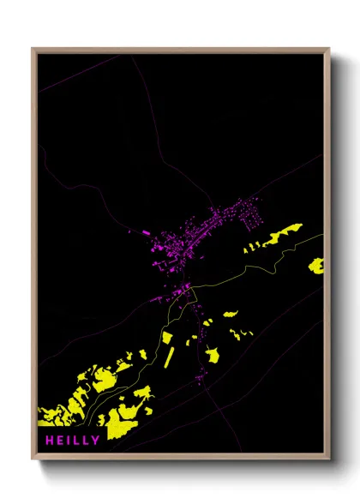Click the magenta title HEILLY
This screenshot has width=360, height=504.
click(69, 441)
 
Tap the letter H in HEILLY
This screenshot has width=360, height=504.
click(42, 441)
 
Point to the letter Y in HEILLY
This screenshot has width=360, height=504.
click(95, 441)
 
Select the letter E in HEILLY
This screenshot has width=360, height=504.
click(54, 441)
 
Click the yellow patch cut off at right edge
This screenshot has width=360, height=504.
click(316, 265)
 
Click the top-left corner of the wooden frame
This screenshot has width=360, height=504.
click(33, 49)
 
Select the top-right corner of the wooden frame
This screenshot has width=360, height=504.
click(329, 49)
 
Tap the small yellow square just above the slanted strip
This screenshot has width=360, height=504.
click(167, 337)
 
